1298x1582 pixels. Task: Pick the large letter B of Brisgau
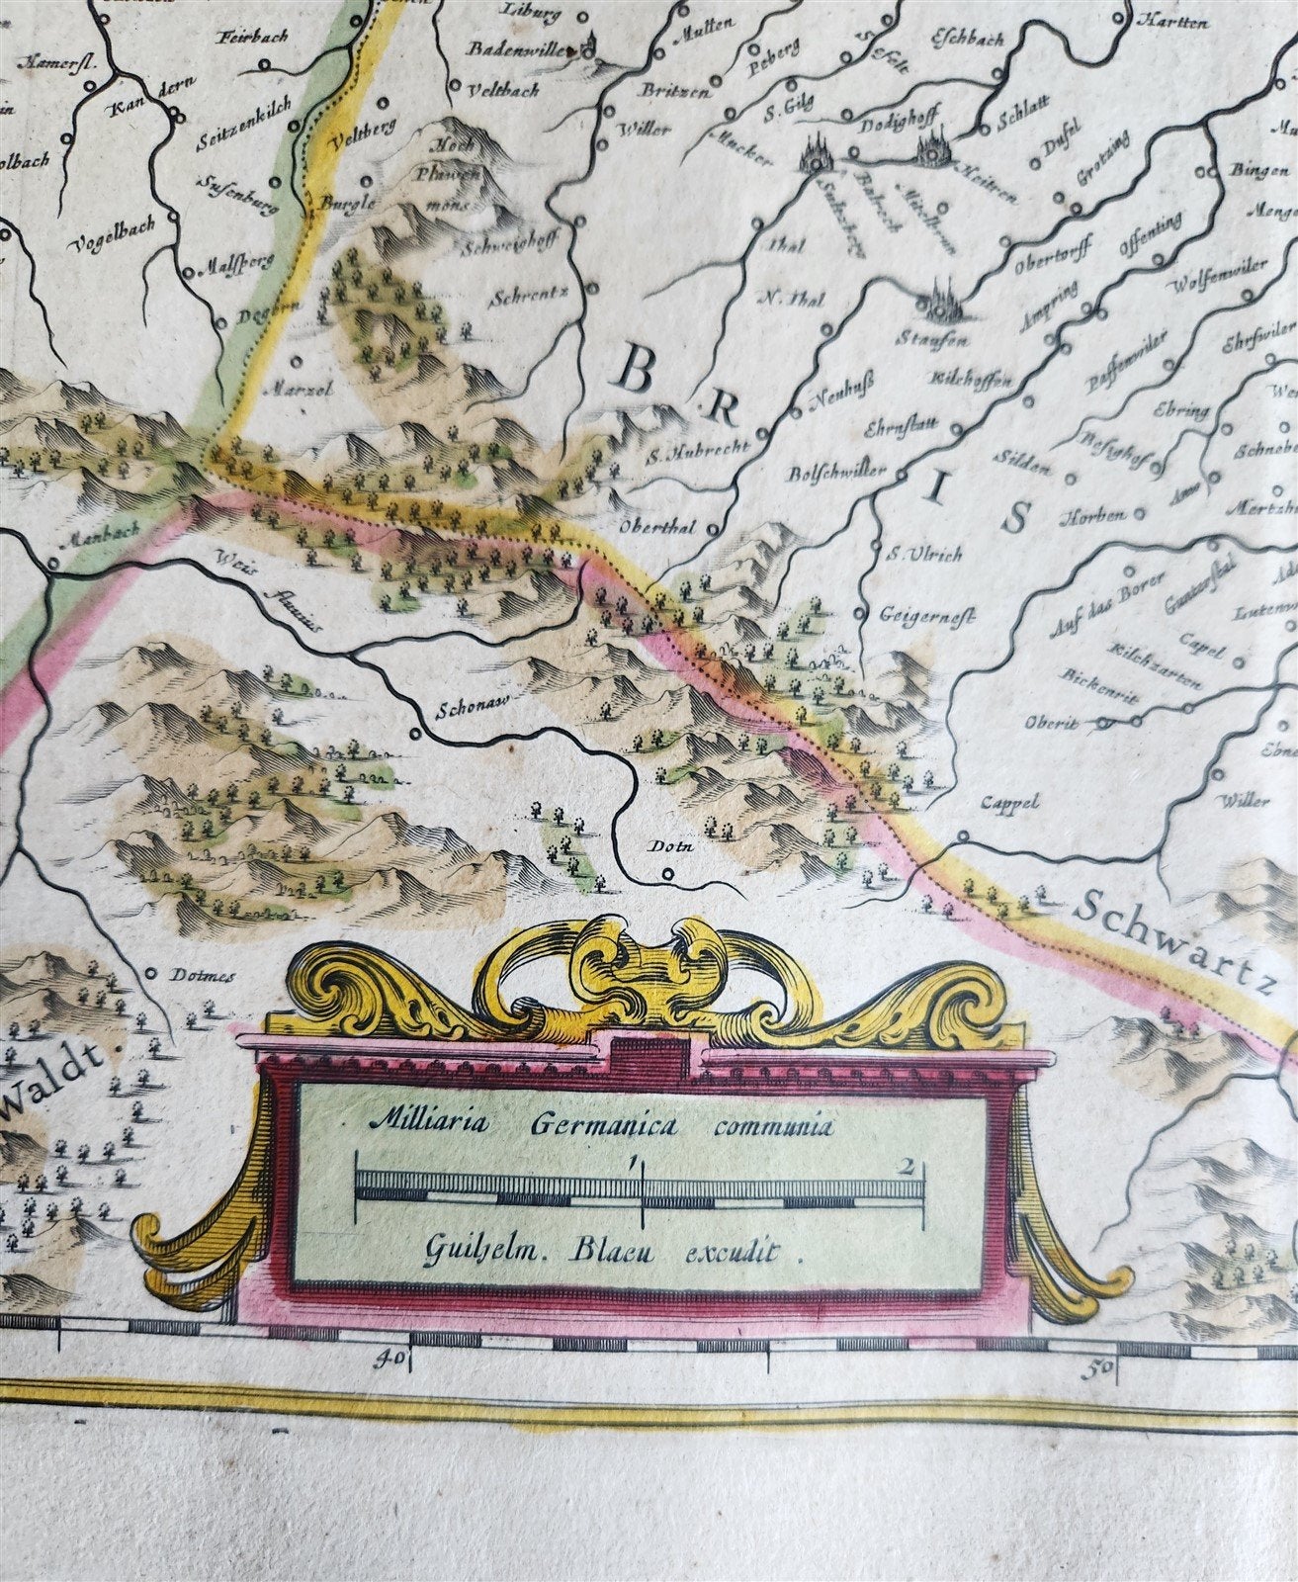coord(639,374)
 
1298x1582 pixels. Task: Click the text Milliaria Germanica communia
coord(601,1123)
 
